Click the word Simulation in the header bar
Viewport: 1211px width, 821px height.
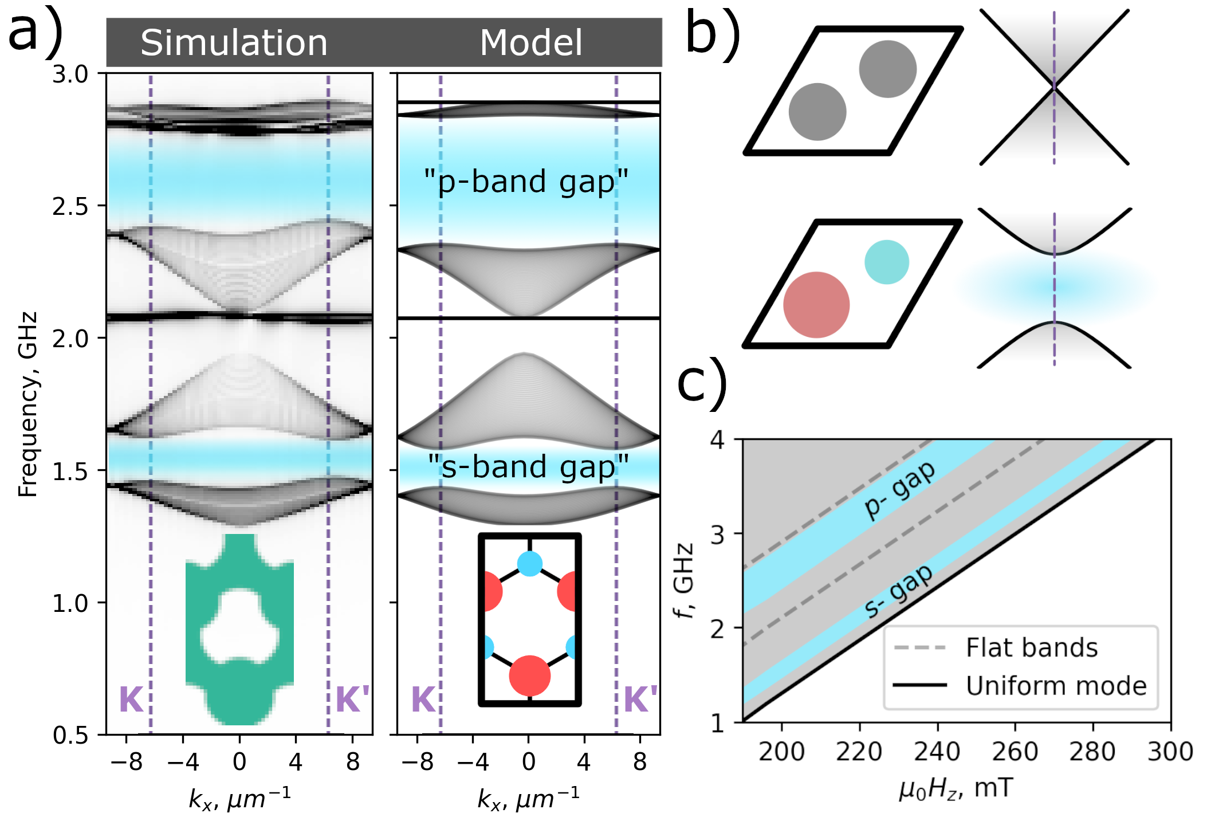(234, 43)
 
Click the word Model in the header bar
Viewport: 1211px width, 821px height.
(530, 43)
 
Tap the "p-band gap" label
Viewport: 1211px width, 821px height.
(526, 182)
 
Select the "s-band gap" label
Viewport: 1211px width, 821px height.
(528, 466)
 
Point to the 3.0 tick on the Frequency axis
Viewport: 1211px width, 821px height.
(70, 74)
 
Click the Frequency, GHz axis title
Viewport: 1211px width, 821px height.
(27, 404)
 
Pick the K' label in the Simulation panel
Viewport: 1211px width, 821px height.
(352, 699)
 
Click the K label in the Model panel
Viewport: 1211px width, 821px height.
(424, 699)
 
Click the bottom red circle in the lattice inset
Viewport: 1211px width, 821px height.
(529, 676)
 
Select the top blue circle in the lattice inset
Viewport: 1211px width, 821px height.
(529, 564)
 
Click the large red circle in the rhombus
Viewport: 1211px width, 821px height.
(816, 305)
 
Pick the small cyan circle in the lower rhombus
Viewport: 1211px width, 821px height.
(886, 262)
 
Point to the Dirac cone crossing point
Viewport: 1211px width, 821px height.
(1054, 87)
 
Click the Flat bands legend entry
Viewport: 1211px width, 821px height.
(1031, 647)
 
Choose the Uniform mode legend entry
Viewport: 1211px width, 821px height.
(1056, 686)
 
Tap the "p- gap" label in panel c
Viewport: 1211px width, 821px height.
(899, 490)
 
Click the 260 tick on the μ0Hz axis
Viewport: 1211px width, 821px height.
(1015, 751)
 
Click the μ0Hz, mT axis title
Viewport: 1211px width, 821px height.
(956, 789)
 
